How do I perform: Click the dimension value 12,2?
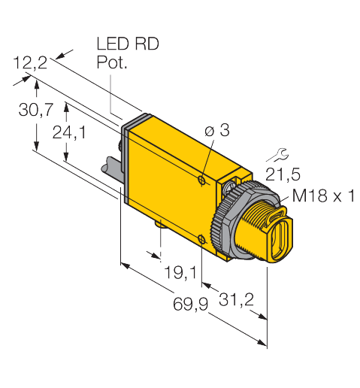30,64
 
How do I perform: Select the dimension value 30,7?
35,110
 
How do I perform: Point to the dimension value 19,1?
177,269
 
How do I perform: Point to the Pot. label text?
112,64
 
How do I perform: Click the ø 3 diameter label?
217,132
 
